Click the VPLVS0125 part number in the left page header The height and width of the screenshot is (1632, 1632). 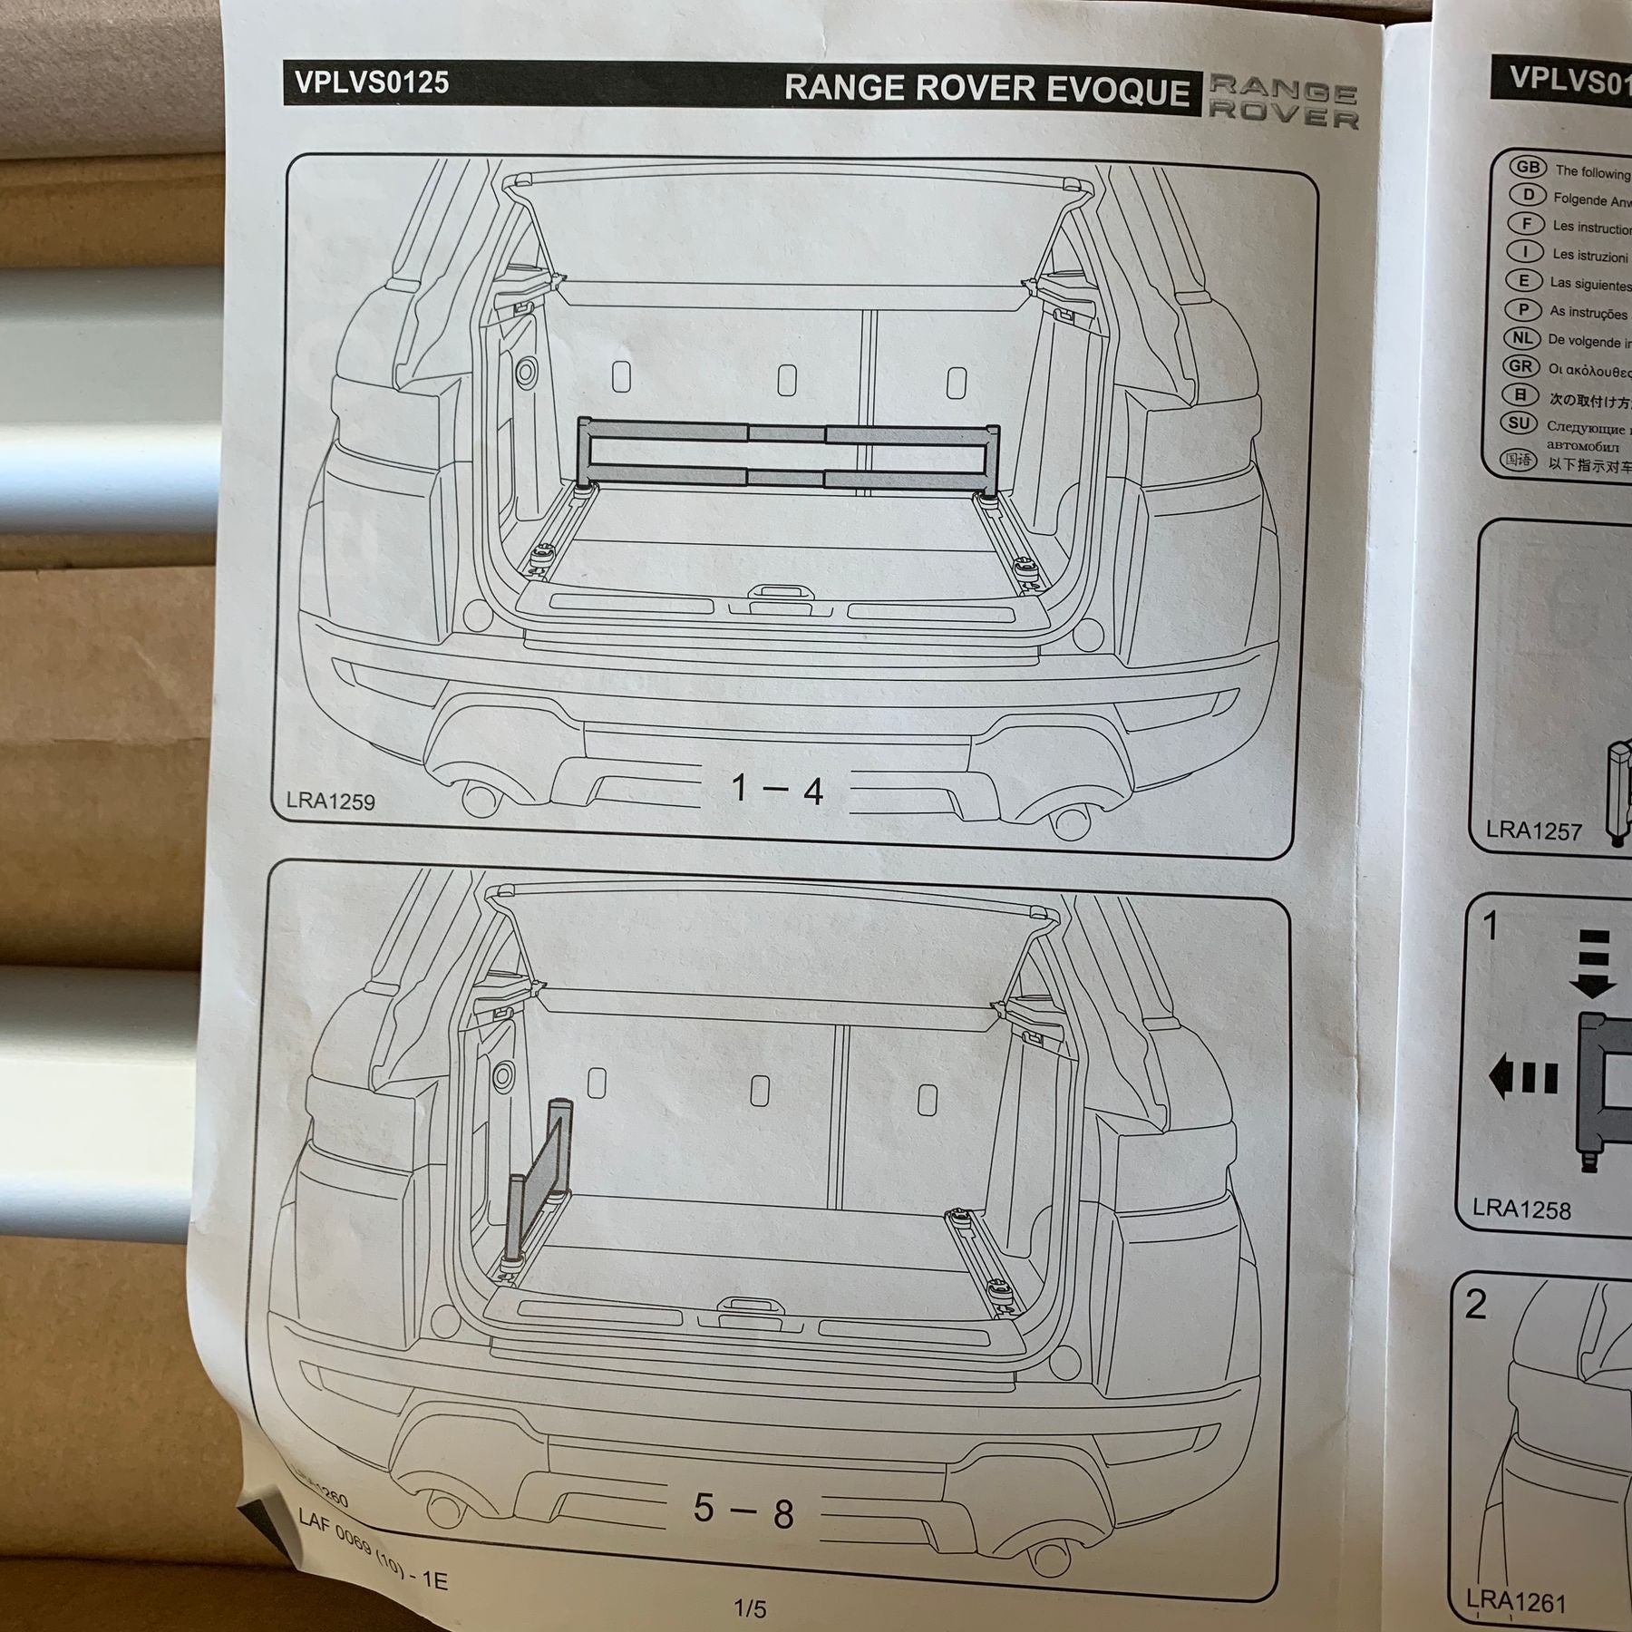tap(371, 83)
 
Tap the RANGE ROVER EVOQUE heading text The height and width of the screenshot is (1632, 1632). tap(986, 89)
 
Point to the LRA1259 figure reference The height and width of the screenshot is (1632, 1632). tap(330, 801)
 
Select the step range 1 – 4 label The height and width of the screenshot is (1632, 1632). tap(777, 790)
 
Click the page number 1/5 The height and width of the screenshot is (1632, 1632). tap(750, 1608)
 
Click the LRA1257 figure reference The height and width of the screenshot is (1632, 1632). tap(1533, 831)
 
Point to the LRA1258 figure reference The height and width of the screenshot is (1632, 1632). tap(1521, 1209)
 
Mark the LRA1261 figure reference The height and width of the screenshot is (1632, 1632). tap(1516, 1602)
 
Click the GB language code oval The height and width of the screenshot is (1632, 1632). tap(1528, 168)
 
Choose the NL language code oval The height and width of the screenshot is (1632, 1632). tap(1522, 339)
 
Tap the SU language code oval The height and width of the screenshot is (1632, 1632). tap(1521, 423)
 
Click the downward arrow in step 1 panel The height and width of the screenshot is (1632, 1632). tap(1594, 963)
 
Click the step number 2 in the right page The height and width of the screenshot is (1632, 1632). tap(1476, 1304)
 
